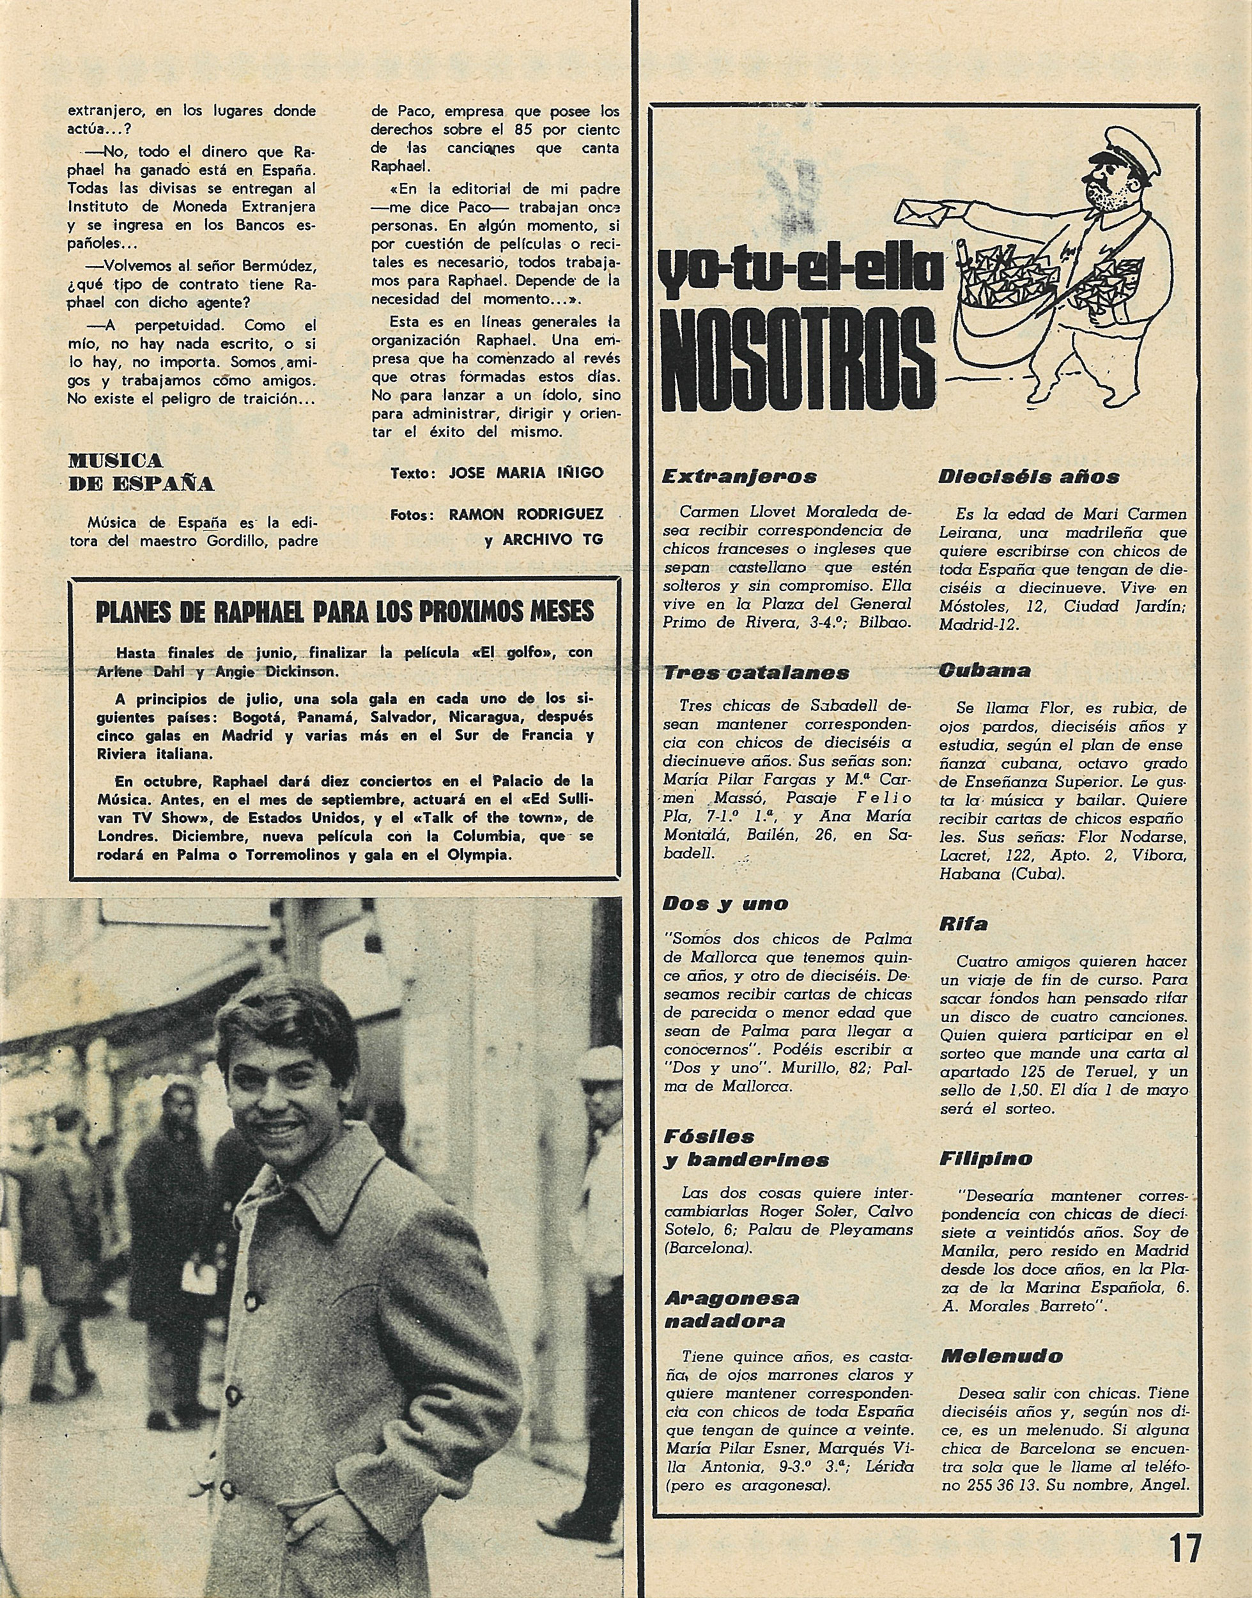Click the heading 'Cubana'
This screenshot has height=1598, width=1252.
(x=984, y=670)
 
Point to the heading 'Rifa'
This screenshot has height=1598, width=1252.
(x=963, y=924)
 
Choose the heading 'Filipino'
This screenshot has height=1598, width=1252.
(x=986, y=1159)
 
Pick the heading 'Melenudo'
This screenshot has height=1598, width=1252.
(x=1001, y=1356)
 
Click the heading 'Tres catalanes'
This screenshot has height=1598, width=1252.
(x=756, y=673)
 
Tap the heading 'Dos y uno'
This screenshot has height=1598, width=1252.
(x=725, y=904)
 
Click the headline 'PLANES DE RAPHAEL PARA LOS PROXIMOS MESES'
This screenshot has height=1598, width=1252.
(x=344, y=612)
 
